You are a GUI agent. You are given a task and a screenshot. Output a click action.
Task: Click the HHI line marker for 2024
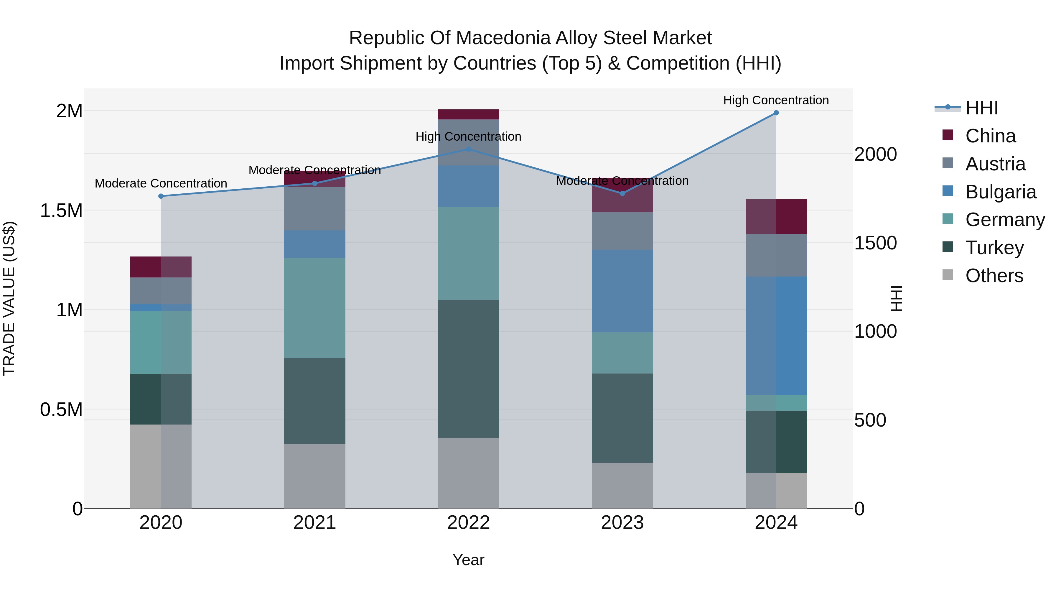(776, 113)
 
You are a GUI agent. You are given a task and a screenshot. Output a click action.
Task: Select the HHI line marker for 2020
(161, 196)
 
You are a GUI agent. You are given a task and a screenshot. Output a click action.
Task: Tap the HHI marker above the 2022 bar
(468, 149)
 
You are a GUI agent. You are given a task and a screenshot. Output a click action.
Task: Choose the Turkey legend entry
(994, 248)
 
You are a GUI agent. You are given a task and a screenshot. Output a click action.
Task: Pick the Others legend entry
(994, 276)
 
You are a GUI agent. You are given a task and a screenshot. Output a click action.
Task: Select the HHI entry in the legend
(981, 108)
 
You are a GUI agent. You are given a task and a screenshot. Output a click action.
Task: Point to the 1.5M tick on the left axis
(61, 210)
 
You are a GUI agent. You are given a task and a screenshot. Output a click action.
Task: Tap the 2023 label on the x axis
(622, 523)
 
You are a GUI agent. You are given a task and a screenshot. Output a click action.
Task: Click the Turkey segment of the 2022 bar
(468, 369)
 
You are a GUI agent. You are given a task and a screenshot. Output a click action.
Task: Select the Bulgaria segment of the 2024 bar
(776, 336)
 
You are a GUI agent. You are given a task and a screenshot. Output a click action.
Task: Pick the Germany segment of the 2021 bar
(315, 308)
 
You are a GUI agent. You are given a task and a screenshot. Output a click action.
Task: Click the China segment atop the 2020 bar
(161, 267)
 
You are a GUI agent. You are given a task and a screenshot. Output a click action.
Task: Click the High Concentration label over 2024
(776, 101)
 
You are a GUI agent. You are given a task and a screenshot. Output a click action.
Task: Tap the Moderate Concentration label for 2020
(161, 183)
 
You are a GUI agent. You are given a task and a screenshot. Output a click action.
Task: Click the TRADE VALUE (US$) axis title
(9, 298)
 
